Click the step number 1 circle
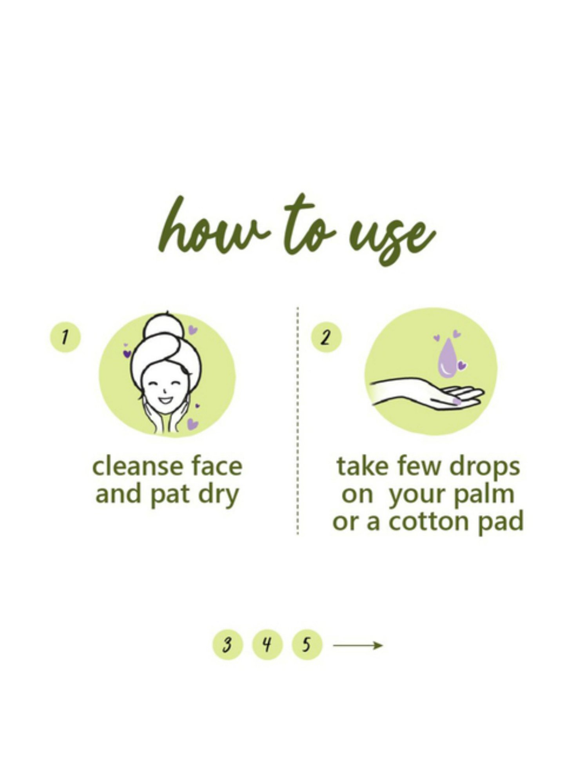point(65,337)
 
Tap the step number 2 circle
point(326,337)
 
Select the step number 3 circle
point(227,644)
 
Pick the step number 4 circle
point(267,644)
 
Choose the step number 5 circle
point(307,644)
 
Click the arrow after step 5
point(358,645)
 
